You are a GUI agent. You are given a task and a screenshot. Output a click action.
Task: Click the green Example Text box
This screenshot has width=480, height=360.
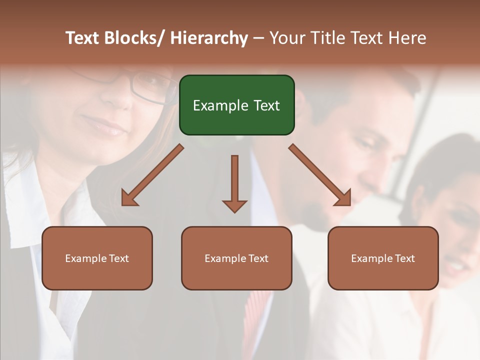coord(236,105)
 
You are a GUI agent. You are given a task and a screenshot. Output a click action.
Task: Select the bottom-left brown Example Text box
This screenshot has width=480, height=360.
coord(97,258)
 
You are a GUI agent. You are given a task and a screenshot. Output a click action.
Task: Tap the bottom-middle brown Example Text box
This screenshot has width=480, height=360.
coord(236,258)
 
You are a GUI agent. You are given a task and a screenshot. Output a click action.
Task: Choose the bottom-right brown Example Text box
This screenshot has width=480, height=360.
coord(383,258)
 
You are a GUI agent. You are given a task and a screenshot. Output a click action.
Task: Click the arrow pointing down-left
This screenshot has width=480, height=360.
coord(152,175)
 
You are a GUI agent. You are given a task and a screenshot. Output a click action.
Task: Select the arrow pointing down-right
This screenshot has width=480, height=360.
coord(320,175)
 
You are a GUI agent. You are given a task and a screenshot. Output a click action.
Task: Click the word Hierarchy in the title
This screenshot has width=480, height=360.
coord(209,38)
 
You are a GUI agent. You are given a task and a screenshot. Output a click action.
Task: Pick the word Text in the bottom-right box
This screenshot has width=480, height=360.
coord(404,258)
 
